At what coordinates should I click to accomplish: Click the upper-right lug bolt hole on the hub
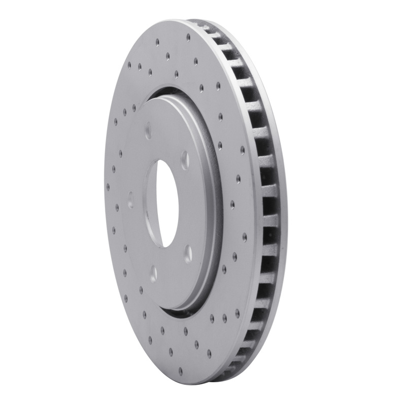pyautogui.click(x=185, y=159)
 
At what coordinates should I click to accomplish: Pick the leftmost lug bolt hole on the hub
pyautogui.click(x=130, y=200)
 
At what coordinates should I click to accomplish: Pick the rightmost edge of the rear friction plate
pyautogui.click(x=286, y=203)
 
